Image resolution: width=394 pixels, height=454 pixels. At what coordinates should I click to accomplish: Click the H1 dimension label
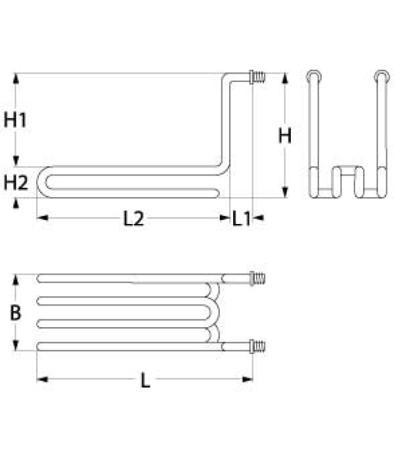16,120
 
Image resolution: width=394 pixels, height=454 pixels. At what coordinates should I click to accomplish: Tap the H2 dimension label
16,183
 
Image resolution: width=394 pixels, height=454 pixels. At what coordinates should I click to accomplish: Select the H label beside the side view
284,135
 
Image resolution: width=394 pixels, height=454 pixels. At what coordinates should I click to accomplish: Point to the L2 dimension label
133,219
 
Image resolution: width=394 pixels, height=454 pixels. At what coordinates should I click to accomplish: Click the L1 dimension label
241,219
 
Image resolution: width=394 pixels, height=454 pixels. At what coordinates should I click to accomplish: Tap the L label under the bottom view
145,380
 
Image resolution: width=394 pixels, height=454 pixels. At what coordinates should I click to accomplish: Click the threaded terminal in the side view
258,78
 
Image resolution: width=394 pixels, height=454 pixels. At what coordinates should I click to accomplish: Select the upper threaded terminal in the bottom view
258,278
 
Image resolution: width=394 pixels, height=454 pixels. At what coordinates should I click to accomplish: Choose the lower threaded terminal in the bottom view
258,345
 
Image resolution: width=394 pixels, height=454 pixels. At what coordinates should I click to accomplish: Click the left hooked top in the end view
314,76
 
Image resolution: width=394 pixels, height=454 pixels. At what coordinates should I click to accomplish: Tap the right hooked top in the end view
380,76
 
